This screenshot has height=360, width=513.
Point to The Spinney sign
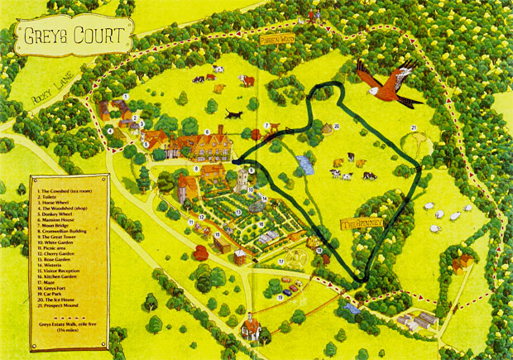[x=362, y=224]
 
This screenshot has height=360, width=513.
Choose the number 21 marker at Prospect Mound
[x=413, y=127]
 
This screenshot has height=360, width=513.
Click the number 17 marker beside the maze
[x=281, y=262]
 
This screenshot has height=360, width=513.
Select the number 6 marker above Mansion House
[x=207, y=132]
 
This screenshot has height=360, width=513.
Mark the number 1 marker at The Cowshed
[x=125, y=97]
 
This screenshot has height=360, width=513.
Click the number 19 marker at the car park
[x=280, y=296]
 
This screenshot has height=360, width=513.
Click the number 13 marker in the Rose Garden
[x=237, y=213]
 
